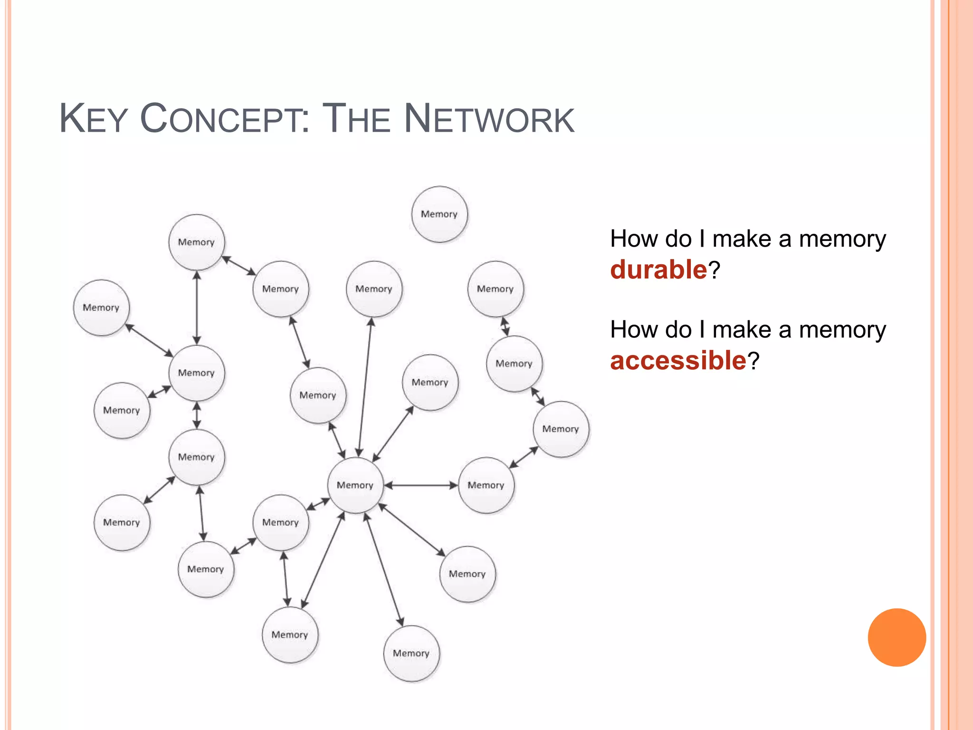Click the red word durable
658,269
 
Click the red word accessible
678,360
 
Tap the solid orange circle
897,637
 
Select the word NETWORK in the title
489,119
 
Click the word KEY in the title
93,119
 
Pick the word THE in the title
356,119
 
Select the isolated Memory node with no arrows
439,214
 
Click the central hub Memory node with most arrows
355,485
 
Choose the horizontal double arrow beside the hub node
421,485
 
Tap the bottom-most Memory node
411,653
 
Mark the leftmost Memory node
101,307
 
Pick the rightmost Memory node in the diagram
561,429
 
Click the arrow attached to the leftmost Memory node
150,340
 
